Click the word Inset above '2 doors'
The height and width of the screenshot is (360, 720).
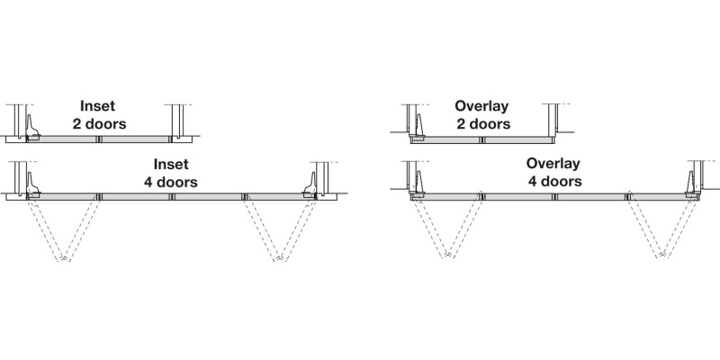pyautogui.click(x=97, y=105)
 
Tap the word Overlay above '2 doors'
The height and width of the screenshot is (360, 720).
pyautogui.click(x=482, y=105)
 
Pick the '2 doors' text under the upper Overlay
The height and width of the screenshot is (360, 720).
pyautogui.click(x=482, y=123)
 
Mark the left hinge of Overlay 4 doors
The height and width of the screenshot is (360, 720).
pyautogui.click(x=417, y=187)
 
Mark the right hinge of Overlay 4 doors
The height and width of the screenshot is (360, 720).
pyautogui.click(x=691, y=187)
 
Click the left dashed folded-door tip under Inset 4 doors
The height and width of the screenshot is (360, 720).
pyautogui.click(x=64, y=260)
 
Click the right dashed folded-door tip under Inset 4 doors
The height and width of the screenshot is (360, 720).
pyautogui.click(x=280, y=260)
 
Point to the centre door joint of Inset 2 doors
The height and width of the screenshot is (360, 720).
pyautogui.click(x=101, y=139)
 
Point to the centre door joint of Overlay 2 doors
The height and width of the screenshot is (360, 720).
pyautogui.click(x=484, y=140)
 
